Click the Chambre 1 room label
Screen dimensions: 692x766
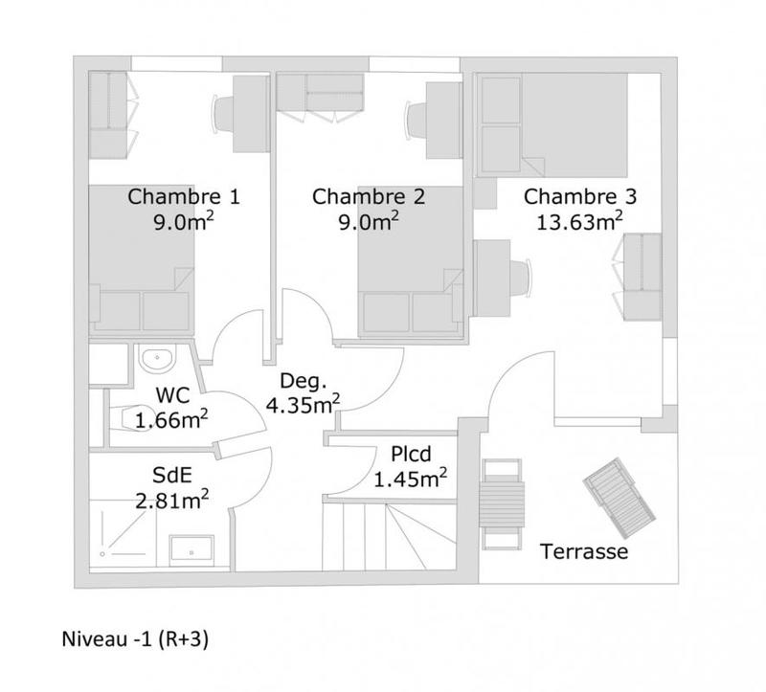click(183, 197)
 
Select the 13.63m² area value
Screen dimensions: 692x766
click(580, 223)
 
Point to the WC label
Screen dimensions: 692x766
click(172, 395)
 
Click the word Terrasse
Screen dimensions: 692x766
click(584, 552)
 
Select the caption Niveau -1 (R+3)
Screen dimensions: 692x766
click(134, 637)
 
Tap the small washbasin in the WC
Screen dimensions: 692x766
click(155, 360)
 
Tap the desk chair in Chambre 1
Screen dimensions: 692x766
click(223, 116)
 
